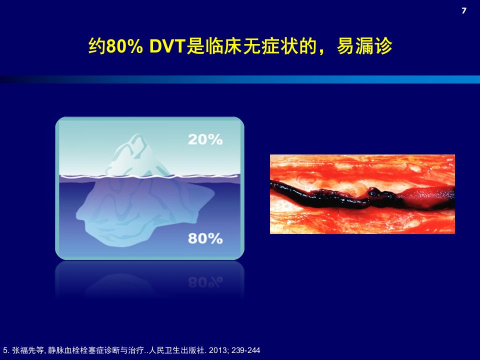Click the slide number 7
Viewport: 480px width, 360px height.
[464, 10]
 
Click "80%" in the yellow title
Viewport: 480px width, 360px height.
[124, 47]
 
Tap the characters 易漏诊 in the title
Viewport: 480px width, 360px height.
[364, 47]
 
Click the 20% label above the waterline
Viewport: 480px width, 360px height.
[205, 139]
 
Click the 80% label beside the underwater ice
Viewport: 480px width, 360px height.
[205, 238]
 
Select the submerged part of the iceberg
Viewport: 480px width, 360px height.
[144, 211]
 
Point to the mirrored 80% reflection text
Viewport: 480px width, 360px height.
[205, 282]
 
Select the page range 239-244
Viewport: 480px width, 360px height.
[246, 350]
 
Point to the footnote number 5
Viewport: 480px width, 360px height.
[5, 350]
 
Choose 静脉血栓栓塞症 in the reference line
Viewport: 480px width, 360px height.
[76, 350]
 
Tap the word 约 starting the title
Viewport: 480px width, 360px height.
[96, 47]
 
